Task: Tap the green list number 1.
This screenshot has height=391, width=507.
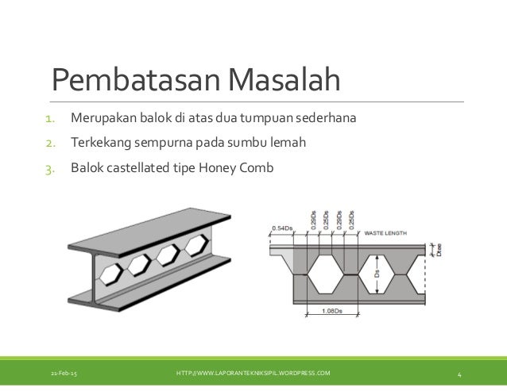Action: pos(49,120)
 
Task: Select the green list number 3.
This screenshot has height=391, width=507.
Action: pos(49,167)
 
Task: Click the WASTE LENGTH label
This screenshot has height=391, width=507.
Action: pos(387,233)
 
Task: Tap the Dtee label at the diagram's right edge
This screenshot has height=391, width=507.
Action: pos(439,251)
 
